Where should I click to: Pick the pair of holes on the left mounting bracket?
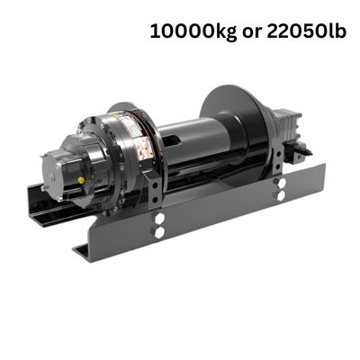[x=159, y=224]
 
